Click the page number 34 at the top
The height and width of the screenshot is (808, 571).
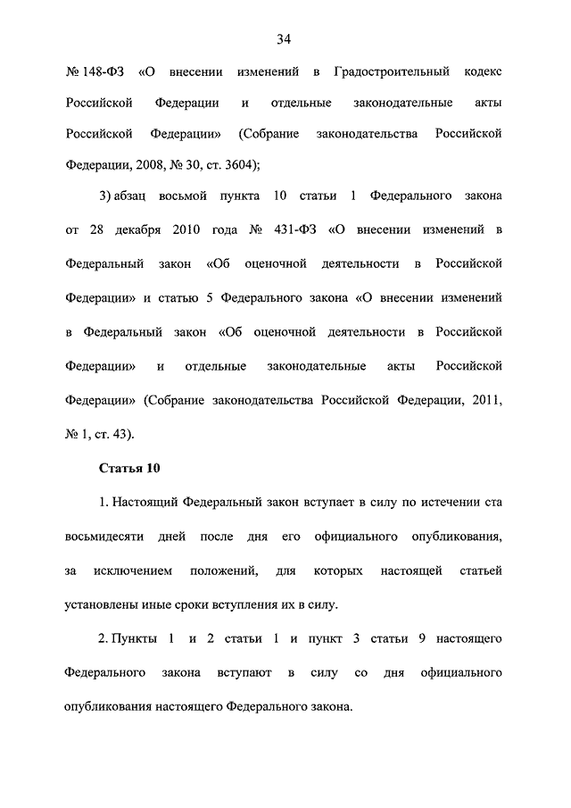pyautogui.click(x=285, y=38)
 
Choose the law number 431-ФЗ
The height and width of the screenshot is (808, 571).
pyautogui.click(x=290, y=229)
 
